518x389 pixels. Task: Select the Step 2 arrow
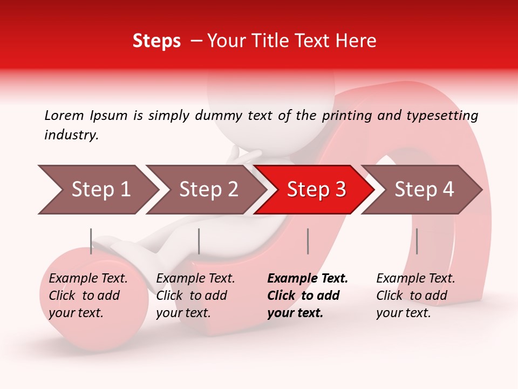208,190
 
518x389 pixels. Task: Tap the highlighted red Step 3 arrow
316,190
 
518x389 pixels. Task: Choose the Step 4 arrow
424,190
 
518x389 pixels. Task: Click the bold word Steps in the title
156,41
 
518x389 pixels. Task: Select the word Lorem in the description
64,115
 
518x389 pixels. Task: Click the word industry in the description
71,135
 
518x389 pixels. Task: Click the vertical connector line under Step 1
91,241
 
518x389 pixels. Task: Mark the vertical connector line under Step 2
199,241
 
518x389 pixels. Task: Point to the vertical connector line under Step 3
308,241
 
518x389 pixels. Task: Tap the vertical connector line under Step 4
417,241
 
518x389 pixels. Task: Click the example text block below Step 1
88,296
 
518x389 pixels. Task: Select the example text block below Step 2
195,296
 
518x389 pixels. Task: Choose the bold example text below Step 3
308,296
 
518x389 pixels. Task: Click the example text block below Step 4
415,296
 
